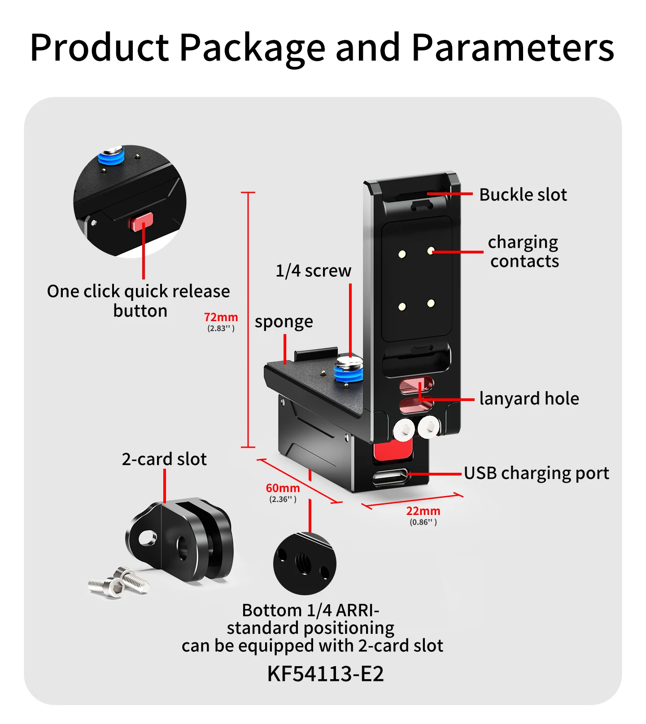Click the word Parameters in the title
click(x=513, y=47)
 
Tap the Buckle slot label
click(x=523, y=195)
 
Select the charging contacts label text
click(x=524, y=252)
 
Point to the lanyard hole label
click(x=529, y=398)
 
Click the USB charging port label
click(x=537, y=473)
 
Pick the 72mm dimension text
click(x=221, y=317)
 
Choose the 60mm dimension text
click(x=283, y=488)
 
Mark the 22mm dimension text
click(x=423, y=511)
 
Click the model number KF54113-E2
click(x=325, y=674)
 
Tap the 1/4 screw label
click(x=313, y=271)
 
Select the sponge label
click(x=284, y=322)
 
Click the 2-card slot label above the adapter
click(x=164, y=459)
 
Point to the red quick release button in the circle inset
click(x=142, y=221)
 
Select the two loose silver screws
click(x=118, y=582)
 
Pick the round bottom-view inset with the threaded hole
click(x=305, y=563)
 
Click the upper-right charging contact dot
click(x=431, y=250)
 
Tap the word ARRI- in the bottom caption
click(x=357, y=611)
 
